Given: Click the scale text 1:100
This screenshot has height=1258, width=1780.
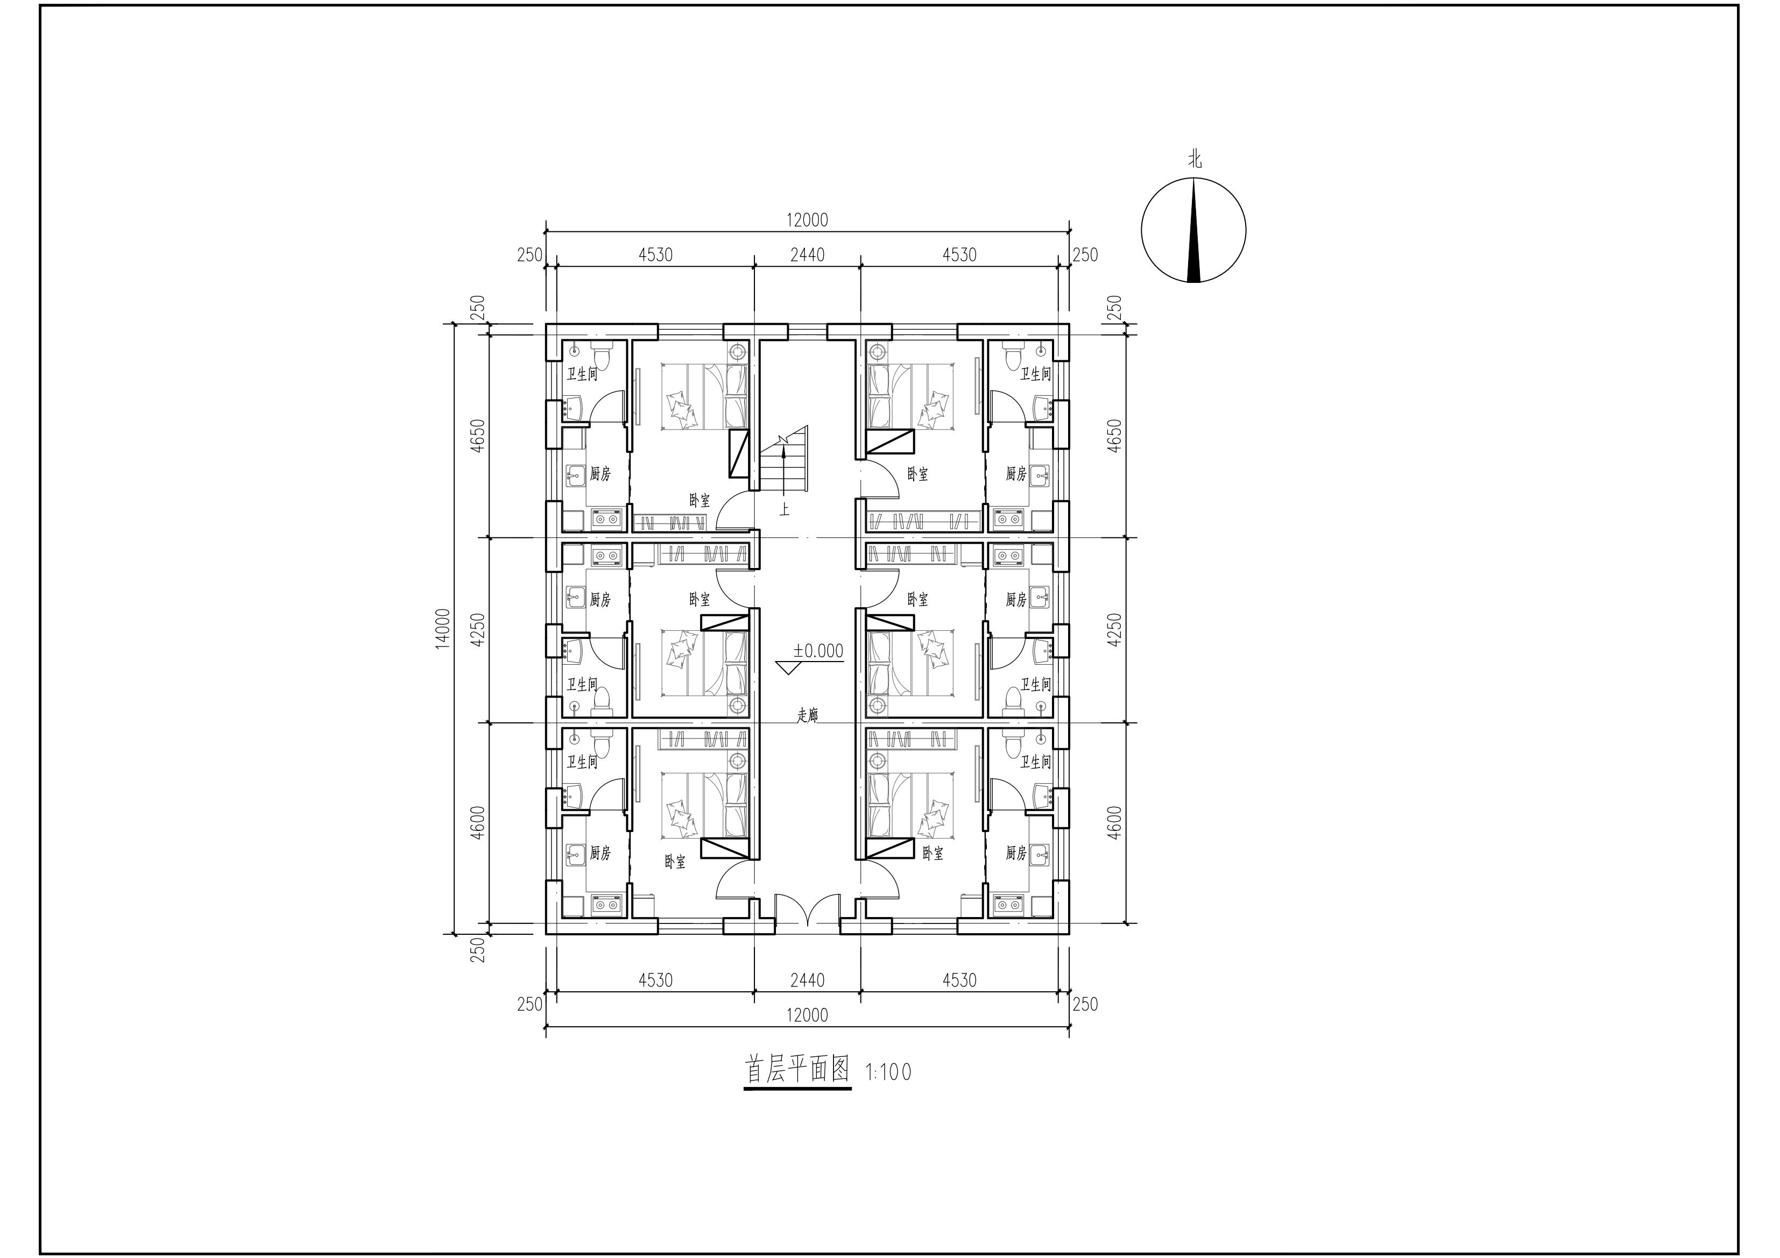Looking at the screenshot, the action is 888,1072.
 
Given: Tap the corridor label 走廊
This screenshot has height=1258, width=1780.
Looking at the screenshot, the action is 808,715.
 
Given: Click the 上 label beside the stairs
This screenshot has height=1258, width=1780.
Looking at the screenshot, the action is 785,510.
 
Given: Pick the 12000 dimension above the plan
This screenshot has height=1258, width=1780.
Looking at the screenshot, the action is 807,220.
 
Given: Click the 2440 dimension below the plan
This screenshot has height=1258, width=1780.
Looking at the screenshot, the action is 807,980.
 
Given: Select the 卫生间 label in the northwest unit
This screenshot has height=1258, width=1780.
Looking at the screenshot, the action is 582,374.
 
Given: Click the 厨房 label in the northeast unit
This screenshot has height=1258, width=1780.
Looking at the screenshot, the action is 1016,474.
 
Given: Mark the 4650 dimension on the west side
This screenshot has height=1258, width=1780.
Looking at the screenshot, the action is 478,436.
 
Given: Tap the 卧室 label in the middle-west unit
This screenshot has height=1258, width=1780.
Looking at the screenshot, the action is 700,599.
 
